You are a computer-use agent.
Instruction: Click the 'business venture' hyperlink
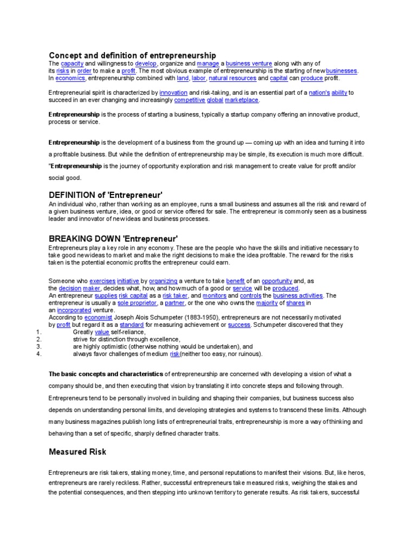click(x=249, y=63)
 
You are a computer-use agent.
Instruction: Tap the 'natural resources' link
click(x=232, y=78)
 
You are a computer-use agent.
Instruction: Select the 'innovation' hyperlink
click(x=173, y=93)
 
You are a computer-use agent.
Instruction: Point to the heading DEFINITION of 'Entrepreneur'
click(x=106, y=195)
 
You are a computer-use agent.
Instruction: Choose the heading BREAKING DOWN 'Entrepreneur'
click(x=113, y=238)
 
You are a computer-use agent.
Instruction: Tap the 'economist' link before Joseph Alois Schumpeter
click(x=98, y=318)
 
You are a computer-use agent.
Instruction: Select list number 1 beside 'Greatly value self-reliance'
click(x=38, y=332)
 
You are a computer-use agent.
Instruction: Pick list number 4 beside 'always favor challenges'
click(x=38, y=354)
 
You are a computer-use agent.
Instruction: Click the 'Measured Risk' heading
click(x=77, y=451)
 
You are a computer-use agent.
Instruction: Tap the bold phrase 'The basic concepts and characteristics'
click(x=106, y=374)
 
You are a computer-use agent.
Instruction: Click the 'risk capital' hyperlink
click(x=131, y=295)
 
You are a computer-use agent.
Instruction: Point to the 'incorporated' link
click(x=74, y=310)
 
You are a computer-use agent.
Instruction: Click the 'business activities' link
click(x=297, y=295)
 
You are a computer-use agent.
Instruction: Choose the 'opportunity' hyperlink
click(x=277, y=281)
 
